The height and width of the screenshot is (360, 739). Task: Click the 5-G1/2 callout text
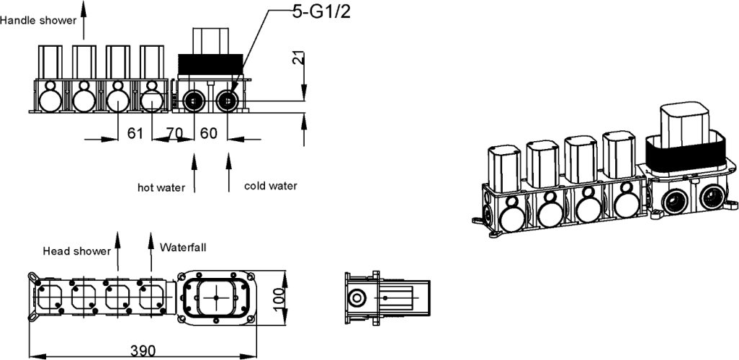click(321, 12)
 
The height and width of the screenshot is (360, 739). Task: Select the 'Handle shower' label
click(37, 20)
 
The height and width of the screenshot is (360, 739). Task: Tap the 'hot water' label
click(161, 187)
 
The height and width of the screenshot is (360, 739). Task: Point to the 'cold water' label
click(270, 186)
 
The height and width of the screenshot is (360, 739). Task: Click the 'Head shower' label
click(76, 251)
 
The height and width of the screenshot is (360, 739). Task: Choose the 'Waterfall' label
click(183, 247)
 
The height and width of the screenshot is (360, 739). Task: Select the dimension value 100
click(280, 296)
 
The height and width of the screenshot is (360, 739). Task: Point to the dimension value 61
click(135, 133)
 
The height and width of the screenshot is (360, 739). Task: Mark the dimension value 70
click(174, 133)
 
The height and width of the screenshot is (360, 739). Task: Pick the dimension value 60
click(208, 133)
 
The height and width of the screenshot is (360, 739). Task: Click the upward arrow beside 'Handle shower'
click(84, 18)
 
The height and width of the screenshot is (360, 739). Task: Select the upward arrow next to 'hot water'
click(192, 173)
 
